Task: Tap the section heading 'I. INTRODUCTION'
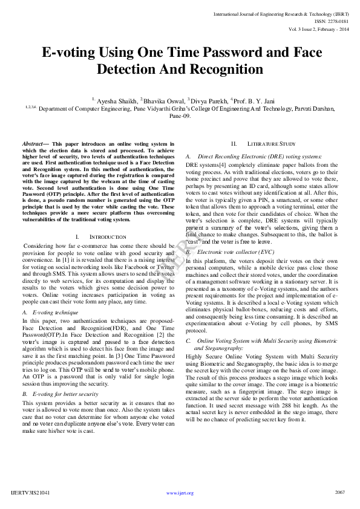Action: point(101,237)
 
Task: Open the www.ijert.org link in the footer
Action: point(180,493)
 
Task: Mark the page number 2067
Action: point(339,493)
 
